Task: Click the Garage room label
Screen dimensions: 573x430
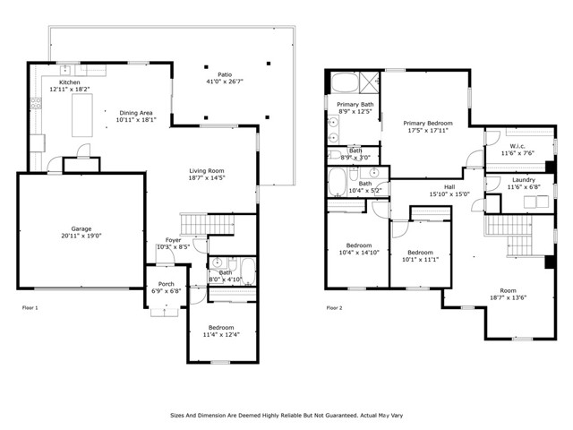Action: tap(81, 229)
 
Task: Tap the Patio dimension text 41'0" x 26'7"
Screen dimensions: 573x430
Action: tap(225, 82)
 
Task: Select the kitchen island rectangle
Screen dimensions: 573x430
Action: tap(82, 116)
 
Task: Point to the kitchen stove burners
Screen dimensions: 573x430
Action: tap(36, 103)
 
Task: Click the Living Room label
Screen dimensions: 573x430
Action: tap(207, 171)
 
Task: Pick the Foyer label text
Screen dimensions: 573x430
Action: tap(173, 240)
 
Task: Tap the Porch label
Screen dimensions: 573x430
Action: tap(167, 284)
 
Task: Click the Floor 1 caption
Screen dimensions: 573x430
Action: tap(30, 308)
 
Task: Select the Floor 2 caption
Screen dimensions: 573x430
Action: tap(334, 308)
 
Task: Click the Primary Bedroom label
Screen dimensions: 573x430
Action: tap(428, 124)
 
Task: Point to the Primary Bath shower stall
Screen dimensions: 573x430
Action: tap(369, 82)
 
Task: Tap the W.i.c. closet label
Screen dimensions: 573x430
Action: tap(517, 146)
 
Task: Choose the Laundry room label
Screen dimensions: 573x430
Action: tap(524, 180)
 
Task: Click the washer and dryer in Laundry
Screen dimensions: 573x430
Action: tap(536, 202)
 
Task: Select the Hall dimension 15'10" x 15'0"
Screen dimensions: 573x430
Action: tap(449, 194)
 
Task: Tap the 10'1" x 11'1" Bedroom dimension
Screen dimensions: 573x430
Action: tap(420, 260)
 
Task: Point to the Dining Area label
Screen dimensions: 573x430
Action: tap(136, 113)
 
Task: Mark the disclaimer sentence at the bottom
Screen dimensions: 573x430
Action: tap(286, 416)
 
